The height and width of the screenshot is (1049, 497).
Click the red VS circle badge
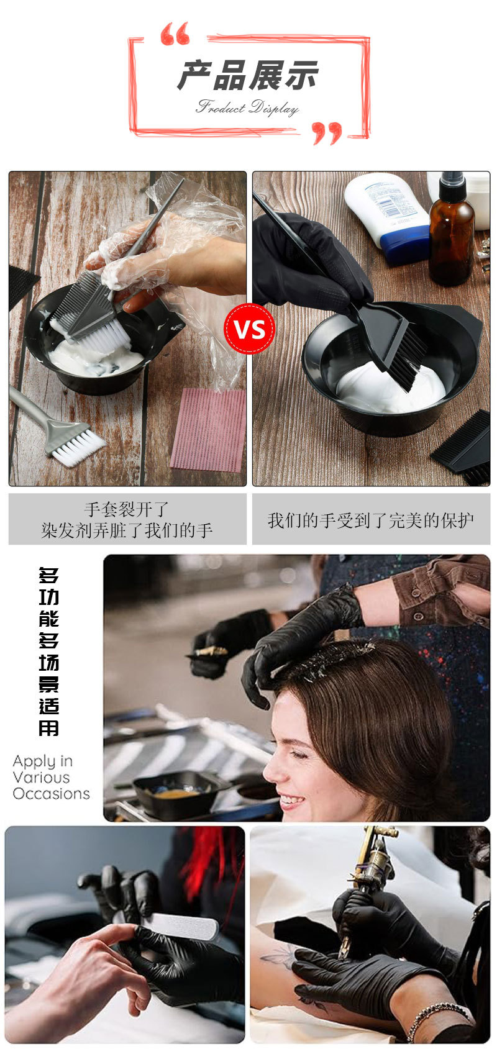[249, 329]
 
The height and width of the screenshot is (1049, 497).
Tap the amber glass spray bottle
[451, 236]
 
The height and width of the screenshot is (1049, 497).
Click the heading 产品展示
[247, 76]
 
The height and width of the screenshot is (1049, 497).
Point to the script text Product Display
[247, 108]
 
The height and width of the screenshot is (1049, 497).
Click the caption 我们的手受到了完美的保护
[371, 520]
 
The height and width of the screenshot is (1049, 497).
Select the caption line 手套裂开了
[127, 509]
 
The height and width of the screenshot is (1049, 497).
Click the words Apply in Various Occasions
[51, 777]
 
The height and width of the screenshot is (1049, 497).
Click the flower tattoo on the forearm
[279, 960]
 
